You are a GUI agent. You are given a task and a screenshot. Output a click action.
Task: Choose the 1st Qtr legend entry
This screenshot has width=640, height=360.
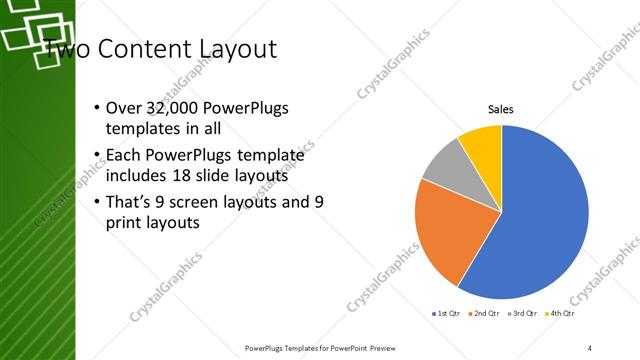[446, 313]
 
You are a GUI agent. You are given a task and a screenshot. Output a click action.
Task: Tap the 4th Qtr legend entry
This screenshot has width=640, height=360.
[562, 313]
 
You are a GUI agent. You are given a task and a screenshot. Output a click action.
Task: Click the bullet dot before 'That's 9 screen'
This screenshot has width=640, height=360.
[95, 202]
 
